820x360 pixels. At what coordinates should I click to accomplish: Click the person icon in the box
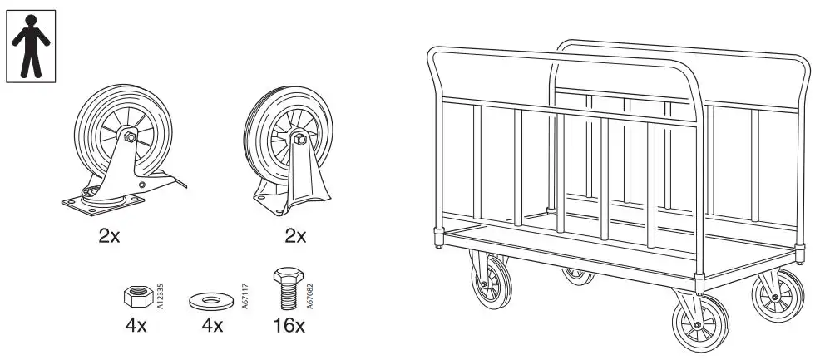31,46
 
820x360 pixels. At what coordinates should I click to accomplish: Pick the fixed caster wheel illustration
287,154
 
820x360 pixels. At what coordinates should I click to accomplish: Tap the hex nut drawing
136,296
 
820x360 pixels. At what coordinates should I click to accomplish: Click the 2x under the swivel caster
109,236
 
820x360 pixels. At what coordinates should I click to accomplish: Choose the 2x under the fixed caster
295,236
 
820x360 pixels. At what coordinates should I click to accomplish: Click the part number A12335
160,296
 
